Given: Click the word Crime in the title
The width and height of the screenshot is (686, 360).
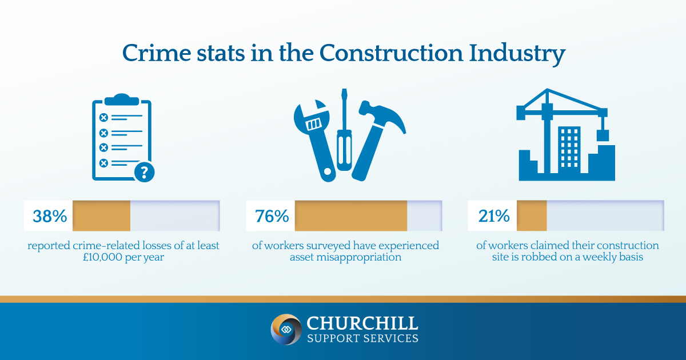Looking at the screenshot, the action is click(x=157, y=53).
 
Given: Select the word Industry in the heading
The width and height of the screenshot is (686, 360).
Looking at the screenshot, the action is click(x=517, y=54).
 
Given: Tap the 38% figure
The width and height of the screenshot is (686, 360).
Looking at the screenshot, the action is click(x=50, y=216).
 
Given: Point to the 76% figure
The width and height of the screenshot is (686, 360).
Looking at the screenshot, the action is click(x=272, y=216).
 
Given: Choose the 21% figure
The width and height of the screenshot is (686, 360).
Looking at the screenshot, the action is click(x=494, y=216).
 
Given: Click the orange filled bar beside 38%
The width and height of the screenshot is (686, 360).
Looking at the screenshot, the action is click(x=101, y=216).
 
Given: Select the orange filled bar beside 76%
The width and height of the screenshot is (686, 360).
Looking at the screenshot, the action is click(x=351, y=216).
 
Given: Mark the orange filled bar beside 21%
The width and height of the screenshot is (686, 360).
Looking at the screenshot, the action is click(x=532, y=216).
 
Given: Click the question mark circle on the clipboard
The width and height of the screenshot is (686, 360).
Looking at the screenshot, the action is click(x=144, y=173).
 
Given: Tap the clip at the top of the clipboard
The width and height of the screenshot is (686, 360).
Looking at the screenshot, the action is click(x=122, y=100).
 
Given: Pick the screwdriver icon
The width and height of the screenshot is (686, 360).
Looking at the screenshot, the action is click(x=344, y=130).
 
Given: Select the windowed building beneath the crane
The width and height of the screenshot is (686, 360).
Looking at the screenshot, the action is click(x=569, y=149).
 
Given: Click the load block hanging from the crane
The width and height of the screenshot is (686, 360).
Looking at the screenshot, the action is click(x=603, y=135).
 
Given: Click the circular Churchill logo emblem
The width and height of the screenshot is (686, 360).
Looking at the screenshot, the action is click(x=286, y=329).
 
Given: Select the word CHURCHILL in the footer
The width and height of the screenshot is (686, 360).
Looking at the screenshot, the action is click(x=362, y=323).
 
